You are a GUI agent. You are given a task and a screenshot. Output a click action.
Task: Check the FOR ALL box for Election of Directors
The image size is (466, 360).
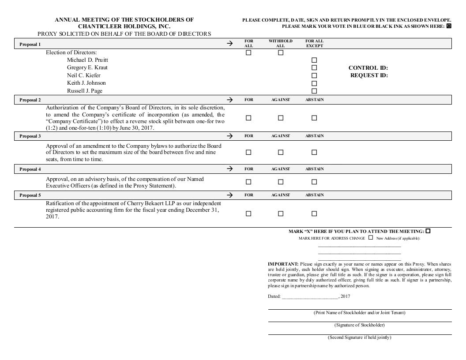click(x=248, y=52)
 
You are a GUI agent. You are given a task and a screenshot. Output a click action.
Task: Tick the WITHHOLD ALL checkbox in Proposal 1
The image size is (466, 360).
click(x=281, y=52)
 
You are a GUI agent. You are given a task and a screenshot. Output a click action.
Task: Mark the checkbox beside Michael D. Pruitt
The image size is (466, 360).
click(x=314, y=60)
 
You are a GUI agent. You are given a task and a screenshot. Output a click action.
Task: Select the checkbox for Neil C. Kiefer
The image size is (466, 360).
click(x=314, y=75)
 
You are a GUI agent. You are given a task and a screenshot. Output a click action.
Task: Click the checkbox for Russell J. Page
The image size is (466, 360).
click(x=314, y=91)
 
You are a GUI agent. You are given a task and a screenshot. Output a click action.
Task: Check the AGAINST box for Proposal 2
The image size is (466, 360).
click(x=281, y=118)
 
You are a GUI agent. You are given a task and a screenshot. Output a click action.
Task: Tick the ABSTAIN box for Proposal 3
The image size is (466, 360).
click(x=314, y=152)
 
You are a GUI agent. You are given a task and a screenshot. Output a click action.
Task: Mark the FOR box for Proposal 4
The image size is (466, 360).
click(x=248, y=182)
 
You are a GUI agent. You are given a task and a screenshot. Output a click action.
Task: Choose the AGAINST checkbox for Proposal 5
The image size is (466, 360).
click(x=281, y=214)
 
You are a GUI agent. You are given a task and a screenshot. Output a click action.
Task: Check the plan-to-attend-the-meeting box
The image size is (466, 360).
click(x=428, y=231)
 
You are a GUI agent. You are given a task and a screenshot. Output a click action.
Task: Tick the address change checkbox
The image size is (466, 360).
click(x=371, y=237)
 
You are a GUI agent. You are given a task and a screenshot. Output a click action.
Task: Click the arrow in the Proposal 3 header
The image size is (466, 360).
click(x=229, y=136)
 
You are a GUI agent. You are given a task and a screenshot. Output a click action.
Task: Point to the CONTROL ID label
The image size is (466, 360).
click(x=368, y=68)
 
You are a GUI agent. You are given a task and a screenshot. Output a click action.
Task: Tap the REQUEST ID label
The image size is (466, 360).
click(x=369, y=75)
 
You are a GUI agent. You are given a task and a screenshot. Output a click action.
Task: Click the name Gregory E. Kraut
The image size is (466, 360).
click(x=87, y=67)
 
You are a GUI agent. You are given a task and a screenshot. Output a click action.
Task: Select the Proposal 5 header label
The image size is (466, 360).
click(x=30, y=195)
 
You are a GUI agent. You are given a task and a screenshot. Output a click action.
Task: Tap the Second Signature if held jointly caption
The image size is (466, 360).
click(x=359, y=337)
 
